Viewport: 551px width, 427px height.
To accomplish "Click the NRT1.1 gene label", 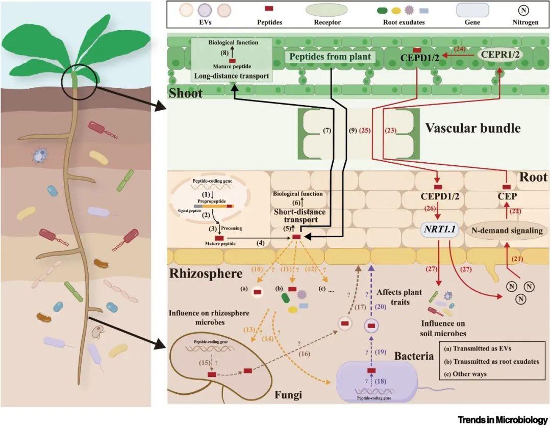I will click(x=437, y=231).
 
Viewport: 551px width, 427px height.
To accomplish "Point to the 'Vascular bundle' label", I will click(x=473, y=128).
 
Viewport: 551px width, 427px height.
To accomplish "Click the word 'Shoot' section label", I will click(x=186, y=93).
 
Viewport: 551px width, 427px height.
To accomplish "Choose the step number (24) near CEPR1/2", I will click(x=460, y=49).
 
